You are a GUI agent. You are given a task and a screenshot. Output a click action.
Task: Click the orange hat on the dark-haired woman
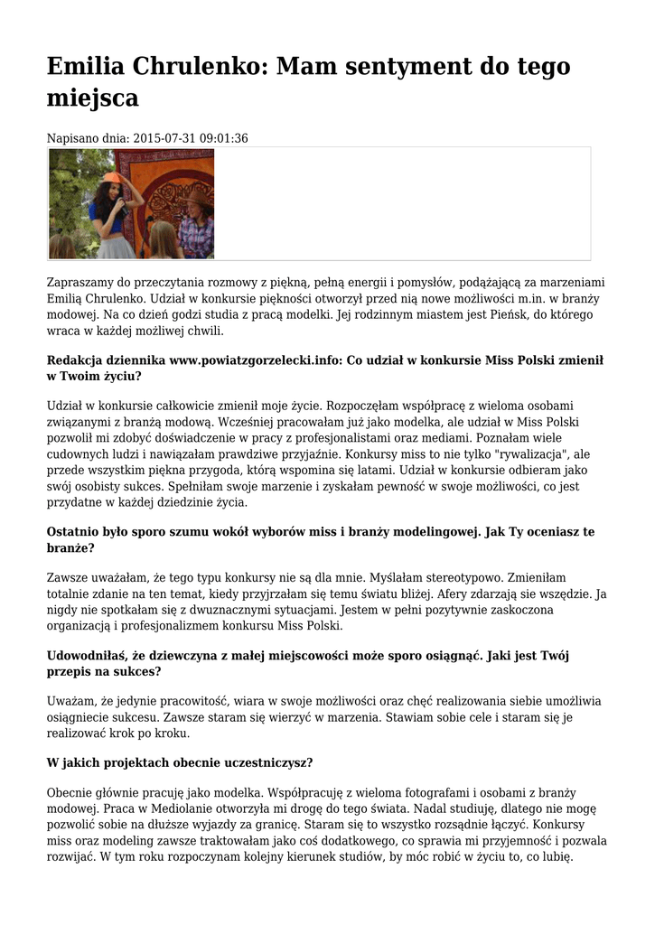click(x=112, y=178)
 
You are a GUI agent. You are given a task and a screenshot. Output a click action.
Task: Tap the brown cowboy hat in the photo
click(x=198, y=196)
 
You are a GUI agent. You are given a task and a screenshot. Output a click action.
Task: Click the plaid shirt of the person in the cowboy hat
click(x=196, y=233)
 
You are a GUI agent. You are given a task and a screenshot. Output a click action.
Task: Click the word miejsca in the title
click(x=92, y=98)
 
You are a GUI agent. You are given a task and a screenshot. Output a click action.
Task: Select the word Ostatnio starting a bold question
click(x=75, y=532)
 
